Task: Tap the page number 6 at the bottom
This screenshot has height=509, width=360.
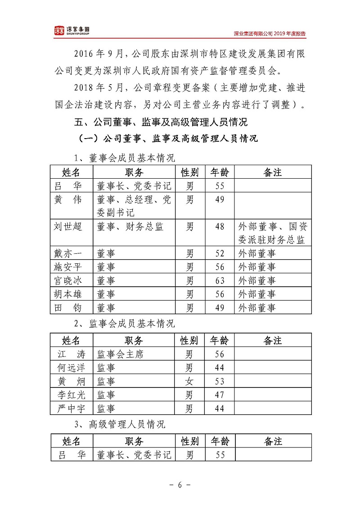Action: pos(180,485)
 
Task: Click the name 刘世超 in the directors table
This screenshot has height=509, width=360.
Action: pos(68,227)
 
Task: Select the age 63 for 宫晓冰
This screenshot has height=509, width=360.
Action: pos(219,281)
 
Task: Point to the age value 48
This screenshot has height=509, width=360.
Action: pos(219,227)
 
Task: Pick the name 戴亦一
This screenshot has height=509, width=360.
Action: pos(68,253)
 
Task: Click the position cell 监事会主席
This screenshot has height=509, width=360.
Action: pos(120,354)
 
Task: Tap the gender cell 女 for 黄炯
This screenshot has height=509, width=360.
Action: pos(189,382)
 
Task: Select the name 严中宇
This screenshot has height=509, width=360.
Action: pos(68,409)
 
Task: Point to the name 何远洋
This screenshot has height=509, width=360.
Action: pos(68,368)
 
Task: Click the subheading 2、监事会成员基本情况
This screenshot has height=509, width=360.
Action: pos(124,324)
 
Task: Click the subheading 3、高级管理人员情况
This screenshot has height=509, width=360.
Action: pos(119,424)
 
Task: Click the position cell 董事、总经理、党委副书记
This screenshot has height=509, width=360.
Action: pos(134,206)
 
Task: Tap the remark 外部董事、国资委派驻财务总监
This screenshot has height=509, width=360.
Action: pos(272,233)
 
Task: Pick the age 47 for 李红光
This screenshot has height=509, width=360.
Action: pos(219,395)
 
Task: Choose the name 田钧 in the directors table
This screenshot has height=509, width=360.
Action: pos(68,308)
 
